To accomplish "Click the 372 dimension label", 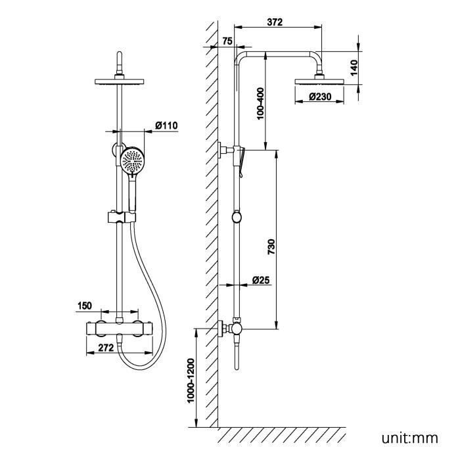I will (275, 22).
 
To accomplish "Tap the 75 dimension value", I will (228, 41).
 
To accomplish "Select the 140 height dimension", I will (354, 66).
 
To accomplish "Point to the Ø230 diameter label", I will (321, 97).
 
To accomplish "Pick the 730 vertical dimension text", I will (271, 247).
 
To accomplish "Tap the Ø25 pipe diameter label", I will (260, 280).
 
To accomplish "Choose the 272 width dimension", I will (106, 348).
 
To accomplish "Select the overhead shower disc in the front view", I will (118, 82).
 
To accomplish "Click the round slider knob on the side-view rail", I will (236, 217).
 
